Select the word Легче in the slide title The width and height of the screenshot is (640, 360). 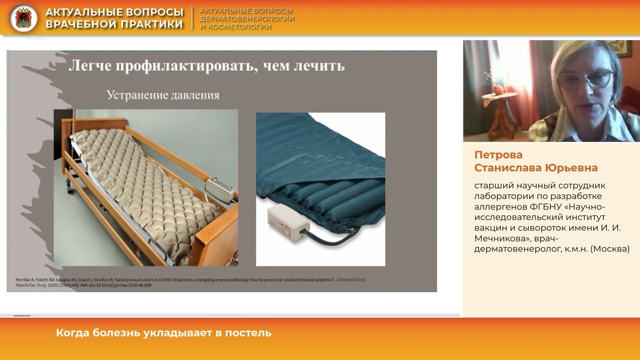click(x=89, y=65)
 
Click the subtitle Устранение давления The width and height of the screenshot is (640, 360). click(x=163, y=94)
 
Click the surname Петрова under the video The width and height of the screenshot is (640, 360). click(x=498, y=154)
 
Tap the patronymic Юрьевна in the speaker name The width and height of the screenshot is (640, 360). click(x=570, y=167)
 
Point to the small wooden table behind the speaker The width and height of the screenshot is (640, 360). click(x=498, y=112)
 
